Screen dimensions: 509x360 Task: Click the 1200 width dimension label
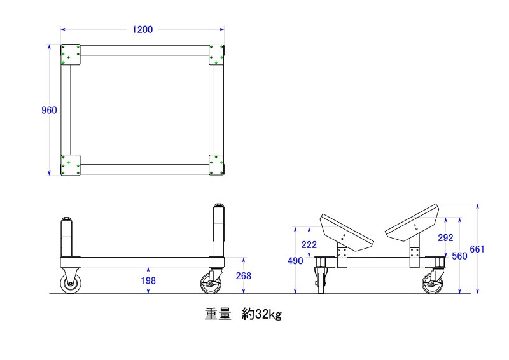143,29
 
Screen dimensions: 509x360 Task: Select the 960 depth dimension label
49,111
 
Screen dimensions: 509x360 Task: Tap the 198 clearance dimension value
148,280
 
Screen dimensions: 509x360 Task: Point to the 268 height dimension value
244,276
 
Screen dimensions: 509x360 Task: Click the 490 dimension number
295,261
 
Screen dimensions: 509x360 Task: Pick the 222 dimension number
309,244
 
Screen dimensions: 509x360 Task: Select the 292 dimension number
445,238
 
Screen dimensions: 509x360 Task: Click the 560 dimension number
459,256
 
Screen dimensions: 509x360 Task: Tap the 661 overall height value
477,249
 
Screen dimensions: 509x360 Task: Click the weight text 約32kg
261,314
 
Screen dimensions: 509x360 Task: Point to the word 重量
218,314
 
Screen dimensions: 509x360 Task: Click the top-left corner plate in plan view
71,55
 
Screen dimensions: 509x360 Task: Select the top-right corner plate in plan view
216,55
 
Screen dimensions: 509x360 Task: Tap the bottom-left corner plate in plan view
71,165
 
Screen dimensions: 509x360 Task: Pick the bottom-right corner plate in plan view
216,165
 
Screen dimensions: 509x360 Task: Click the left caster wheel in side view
71,284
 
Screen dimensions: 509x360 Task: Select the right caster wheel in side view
211,284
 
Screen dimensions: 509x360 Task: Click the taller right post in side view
219,230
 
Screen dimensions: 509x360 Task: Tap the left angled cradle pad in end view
347,232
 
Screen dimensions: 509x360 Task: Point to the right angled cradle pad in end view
412,223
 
